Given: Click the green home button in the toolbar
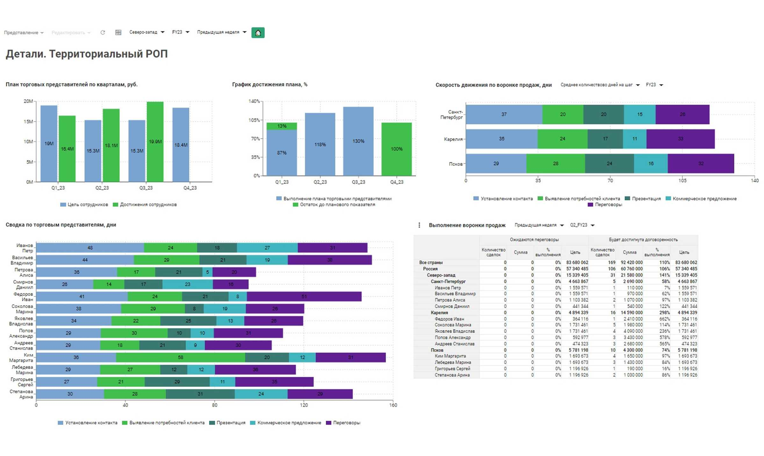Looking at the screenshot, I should click(258, 33).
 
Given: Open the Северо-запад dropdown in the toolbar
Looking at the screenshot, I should click(147, 32).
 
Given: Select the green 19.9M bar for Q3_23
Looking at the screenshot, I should click(155, 142).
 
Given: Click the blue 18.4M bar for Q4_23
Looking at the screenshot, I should click(181, 145).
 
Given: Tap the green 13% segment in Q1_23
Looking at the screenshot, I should click(282, 126).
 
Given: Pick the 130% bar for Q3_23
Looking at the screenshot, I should click(358, 141).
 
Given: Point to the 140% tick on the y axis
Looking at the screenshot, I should click(254, 101).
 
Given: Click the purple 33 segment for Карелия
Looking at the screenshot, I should click(681, 139).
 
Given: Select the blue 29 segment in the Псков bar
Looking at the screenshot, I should click(496, 164).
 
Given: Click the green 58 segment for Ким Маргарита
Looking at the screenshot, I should click(180, 357).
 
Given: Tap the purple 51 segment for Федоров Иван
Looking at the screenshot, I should click(304, 297).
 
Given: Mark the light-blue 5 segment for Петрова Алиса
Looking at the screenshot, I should click(207, 272).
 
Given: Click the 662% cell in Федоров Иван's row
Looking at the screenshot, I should click(664, 319).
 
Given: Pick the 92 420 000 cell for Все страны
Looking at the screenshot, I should click(631, 262).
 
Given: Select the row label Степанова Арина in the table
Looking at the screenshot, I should click(452, 375).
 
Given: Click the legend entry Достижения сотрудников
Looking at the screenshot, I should click(148, 205).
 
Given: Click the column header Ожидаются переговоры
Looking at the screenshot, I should click(534, 239).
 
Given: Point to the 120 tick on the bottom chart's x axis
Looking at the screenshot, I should click(304, 405).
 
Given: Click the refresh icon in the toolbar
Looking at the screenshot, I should click(103, 33).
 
